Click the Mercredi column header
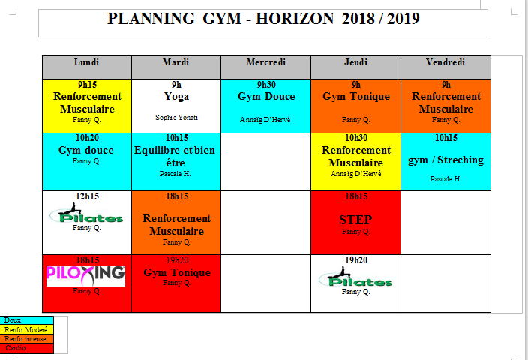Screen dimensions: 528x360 [x=266, y=62]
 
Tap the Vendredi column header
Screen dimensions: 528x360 [x=445, y=62]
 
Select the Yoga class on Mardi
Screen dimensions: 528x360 [x=176, y=97]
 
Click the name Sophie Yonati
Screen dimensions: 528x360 [x=176, y=118]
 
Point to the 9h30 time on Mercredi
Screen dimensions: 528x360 [x=266, y=85]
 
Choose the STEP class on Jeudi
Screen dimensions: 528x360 [x=355, y=220]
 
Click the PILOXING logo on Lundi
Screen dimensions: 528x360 [x=85, y=276]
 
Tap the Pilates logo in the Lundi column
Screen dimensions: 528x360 [x=86, y=213]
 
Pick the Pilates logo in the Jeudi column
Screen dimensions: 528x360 [x=355, y=277]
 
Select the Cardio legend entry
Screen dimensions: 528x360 [x=26, y=348]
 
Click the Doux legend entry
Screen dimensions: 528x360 [x=26, y=320]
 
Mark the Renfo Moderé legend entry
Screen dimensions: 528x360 [x=26, y=330]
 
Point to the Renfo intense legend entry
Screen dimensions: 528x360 [x=26, y=339]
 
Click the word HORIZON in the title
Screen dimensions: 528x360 [x=295, y=19]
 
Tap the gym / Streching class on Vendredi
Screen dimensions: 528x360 [x=445, y=160]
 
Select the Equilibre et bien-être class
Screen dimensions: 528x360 [x=176, y=157]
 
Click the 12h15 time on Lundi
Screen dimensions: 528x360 [x=87, y=196]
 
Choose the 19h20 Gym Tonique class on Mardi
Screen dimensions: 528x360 [x=177, y=272]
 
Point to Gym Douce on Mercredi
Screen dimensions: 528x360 [x=266, y=97]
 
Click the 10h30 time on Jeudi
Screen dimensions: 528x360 [x=356, y=138]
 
